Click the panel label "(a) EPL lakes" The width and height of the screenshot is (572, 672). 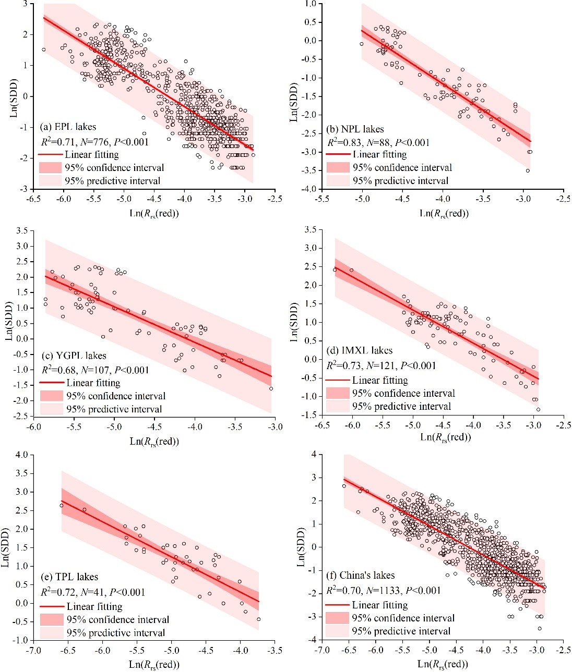click(68, 127)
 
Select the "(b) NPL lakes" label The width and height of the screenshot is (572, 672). click(355, 129)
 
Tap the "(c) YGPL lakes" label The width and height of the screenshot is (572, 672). click(74, 356)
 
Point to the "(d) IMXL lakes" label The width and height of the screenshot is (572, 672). click(360, 350)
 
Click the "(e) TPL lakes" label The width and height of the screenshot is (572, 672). click(69, 577)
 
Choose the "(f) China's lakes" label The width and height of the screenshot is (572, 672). click(360, 575)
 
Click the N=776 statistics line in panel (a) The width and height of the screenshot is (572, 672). click(95, 141)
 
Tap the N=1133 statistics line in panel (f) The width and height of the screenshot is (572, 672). click(384, 590)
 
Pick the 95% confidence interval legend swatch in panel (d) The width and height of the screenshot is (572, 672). click(337, 393)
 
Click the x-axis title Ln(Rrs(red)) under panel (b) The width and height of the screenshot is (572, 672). click(444, 213)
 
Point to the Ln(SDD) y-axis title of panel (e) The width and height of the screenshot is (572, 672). click(7, 547)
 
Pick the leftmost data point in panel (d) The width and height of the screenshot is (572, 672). click(335, 270)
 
